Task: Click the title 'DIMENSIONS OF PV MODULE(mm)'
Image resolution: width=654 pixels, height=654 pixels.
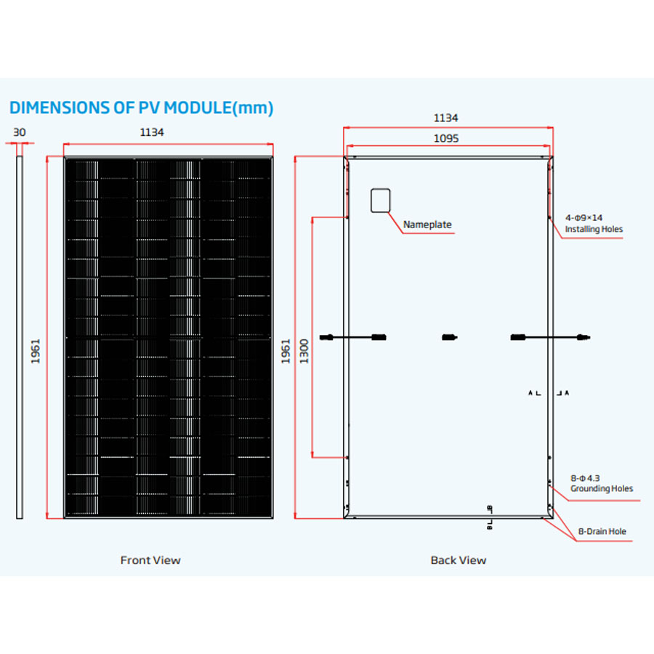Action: click(141, 108)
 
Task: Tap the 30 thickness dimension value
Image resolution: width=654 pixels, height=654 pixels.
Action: click(20, 132)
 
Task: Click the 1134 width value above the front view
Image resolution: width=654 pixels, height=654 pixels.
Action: click(152, 132)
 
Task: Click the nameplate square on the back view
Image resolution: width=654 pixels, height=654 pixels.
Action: click(381, 200)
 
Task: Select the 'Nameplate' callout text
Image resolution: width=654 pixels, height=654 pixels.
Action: click(427, 225)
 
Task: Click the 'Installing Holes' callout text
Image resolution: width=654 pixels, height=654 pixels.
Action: click(594, 230)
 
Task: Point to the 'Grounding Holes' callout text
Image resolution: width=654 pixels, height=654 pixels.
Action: click(601, 488)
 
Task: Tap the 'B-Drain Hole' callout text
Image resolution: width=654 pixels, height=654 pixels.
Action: click(602, 532)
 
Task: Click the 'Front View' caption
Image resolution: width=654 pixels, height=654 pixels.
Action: click(150, 560)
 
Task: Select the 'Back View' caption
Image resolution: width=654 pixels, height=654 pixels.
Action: click(458, 560)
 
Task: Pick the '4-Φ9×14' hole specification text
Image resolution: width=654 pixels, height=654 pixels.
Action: click(584, 217)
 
